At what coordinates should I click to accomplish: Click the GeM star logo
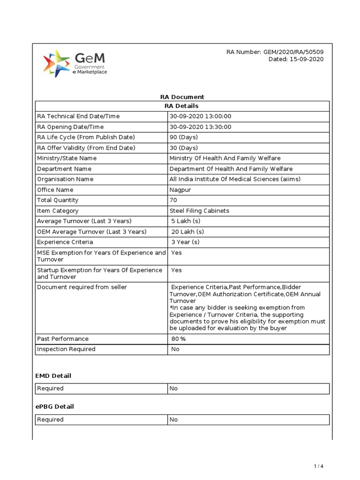point(57,64)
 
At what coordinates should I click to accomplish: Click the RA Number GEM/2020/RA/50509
point(275,52)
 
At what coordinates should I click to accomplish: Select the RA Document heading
point(182,97)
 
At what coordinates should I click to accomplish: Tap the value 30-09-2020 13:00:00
point(200,116)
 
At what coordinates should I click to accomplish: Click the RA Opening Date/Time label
point(70,127)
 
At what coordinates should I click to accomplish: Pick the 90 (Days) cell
point(184,137)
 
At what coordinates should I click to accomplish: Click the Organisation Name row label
point(65,179)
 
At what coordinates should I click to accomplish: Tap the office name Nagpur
point(180,190)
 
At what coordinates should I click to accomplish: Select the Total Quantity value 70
point(173,200)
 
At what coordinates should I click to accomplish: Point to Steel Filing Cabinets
point(199,211)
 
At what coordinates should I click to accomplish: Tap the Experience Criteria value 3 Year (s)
point(185,242)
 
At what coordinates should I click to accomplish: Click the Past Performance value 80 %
point(179,338)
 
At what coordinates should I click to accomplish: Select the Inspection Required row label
point(66,349)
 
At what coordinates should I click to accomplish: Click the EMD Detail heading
point(53,376)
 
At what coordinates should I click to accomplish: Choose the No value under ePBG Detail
point(174,420)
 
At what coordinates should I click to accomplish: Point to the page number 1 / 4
point(319,466)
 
